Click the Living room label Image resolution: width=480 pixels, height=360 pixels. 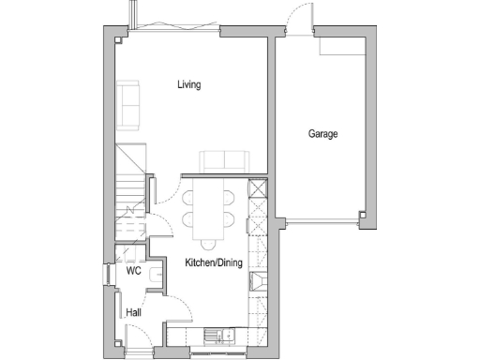[x=189, y=84]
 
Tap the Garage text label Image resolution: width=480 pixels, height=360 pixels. [x=323, y=134]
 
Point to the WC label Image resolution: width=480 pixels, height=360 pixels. [x=133, y=272]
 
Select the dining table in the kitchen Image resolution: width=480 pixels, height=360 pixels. [x=207, y=208]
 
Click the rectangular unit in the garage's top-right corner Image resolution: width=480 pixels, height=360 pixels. [x=337, y=48]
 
